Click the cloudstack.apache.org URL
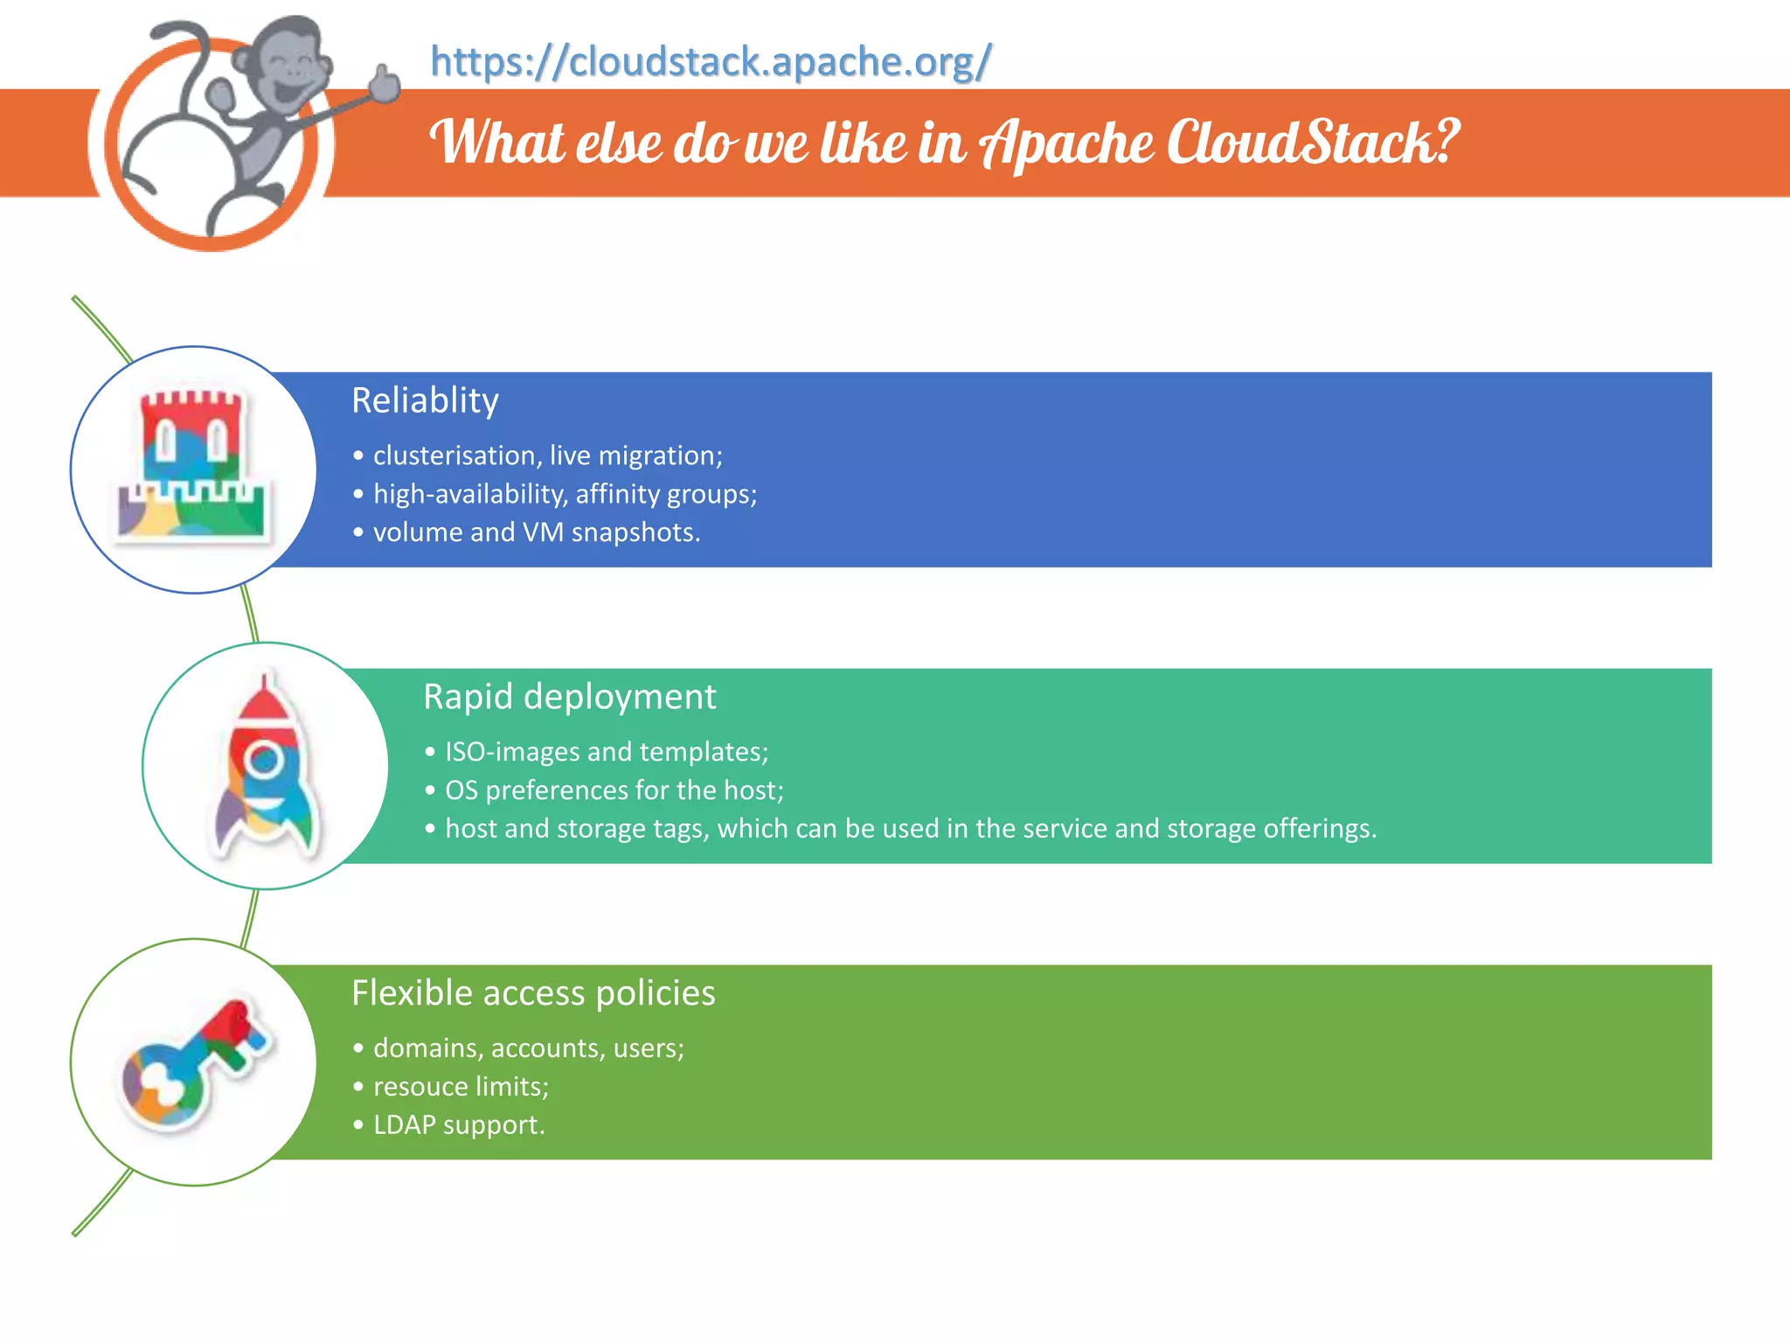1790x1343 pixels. tap(711, 62)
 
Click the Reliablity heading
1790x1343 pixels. tap(425, 400)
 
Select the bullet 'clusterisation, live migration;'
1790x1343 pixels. tap(547, 456)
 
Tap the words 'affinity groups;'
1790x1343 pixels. tap(666, 494)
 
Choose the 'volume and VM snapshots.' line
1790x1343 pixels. tap(536, 532)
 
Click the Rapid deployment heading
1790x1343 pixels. tap(569, 697)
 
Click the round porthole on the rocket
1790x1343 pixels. tap(263, 760)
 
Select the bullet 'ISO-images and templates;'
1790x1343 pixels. tap(606, 752)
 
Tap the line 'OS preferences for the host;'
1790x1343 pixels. tap(614, 790)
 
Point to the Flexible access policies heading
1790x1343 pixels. tap(533, 993)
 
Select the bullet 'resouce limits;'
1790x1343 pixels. tap(461, 1087)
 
